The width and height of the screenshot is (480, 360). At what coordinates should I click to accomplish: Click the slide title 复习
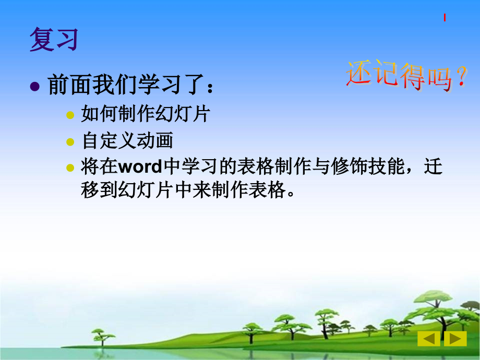point(53,40)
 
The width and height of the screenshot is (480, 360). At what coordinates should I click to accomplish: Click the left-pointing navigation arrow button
point(428,339)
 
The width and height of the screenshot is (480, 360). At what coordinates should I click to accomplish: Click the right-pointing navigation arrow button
point(455,339)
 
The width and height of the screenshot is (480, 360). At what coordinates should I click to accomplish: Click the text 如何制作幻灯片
point(145,114)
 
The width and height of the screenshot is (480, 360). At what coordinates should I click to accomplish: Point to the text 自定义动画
point(127,141)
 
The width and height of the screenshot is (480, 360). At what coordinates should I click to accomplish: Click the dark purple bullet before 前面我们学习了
point(35,87)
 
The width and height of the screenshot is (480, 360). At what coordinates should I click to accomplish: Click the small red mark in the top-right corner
point(445,18)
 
